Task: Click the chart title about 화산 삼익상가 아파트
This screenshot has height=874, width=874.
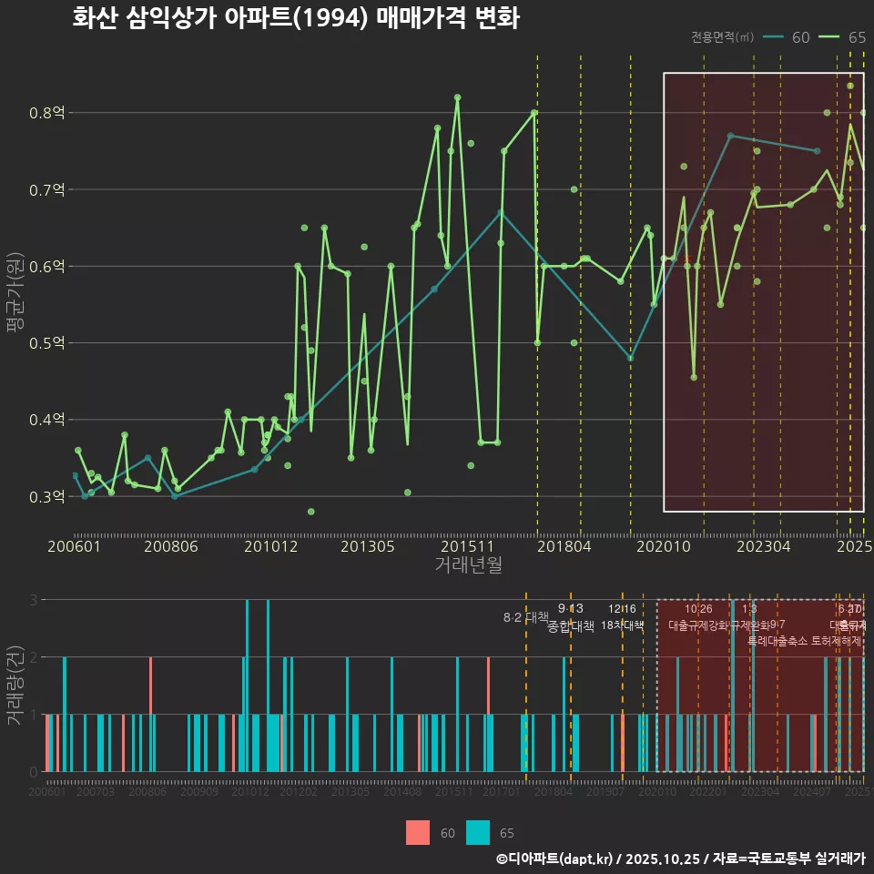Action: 296,18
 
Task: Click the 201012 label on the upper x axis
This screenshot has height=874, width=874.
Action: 270,546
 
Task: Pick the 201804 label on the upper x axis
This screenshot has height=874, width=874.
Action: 564,546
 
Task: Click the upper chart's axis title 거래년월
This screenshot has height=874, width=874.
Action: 468,565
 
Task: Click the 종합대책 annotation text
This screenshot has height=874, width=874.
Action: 571,626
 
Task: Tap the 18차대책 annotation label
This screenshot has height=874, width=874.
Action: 622,626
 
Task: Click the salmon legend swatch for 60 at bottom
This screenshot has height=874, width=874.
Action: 417,832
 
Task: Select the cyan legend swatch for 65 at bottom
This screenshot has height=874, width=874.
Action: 477,832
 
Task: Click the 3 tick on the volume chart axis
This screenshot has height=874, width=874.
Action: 34,600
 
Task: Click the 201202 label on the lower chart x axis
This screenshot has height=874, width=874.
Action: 298,793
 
